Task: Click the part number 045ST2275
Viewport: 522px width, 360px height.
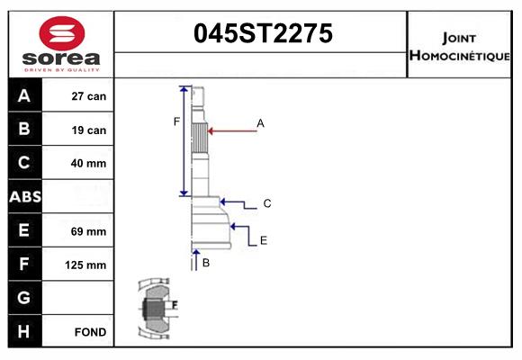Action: tap(263, 34)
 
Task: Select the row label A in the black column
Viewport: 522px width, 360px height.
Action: tap(24, 96)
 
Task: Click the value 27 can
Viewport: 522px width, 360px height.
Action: tap(89, 96)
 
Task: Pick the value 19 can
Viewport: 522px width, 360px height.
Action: tap(89, 130)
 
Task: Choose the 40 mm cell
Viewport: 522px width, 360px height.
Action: tap(89, 163)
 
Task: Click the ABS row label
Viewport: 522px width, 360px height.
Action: tap(24, 196)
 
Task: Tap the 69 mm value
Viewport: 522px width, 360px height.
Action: tap(89, 231)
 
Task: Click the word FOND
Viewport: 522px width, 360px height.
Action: tap(91, 332)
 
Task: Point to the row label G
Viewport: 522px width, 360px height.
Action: tap(24, 298)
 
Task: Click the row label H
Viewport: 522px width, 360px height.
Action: tap(24, 331)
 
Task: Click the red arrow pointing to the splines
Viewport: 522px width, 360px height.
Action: tap(232, 130)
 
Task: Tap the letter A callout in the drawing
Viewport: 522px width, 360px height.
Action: tap(260, 122)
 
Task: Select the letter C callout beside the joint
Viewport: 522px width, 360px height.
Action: tap(267, 204)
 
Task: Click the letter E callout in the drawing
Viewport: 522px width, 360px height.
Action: tap(263, 240)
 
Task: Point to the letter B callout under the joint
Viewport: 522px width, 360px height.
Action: tap(206, 263)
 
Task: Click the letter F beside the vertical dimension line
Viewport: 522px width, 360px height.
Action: tap(176, 121)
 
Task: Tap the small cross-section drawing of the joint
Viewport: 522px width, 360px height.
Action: tap(158, 310)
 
